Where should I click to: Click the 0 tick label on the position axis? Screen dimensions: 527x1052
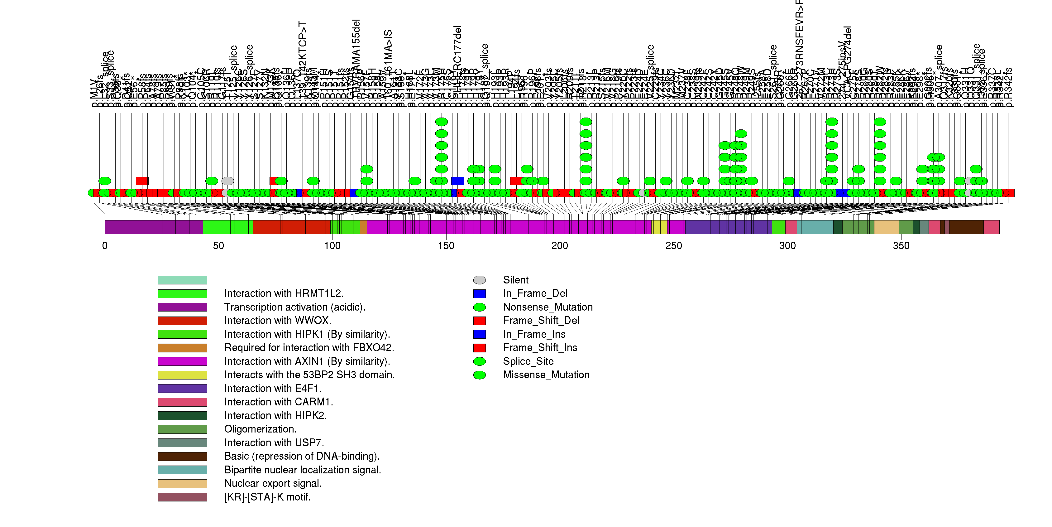click(105, 246)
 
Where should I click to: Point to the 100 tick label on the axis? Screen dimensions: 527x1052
click(332, 246)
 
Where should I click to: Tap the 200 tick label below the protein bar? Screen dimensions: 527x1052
click(559, 246)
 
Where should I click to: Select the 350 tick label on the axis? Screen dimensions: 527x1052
click(901, 246)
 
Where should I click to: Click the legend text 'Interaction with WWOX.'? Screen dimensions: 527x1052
click(278, 321)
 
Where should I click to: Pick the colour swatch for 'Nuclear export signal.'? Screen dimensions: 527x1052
click(182, 484)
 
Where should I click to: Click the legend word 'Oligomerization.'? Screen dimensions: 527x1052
click(260, 429)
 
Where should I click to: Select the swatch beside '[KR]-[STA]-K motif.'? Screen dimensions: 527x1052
click(182, 497)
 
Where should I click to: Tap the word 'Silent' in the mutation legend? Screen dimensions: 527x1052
click(515, 280)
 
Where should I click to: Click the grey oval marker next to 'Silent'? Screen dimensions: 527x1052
click(480, 280)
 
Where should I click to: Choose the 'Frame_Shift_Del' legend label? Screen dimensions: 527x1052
click(541, 321)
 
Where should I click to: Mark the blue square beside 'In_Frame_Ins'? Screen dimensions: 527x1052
click(480, 335)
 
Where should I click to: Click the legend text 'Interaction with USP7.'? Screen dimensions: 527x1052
click(274, 443)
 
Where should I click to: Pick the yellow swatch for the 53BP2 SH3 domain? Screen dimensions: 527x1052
click(182, 375)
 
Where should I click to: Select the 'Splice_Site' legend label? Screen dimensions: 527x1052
click(528, 361)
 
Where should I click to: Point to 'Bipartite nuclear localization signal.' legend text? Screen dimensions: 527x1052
click(303, 470)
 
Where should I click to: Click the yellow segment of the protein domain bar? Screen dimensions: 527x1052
click(659, 227)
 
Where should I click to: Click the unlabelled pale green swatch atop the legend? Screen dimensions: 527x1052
click(182, 280)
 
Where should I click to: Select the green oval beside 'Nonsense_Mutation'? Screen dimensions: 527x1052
click(480, 307)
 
